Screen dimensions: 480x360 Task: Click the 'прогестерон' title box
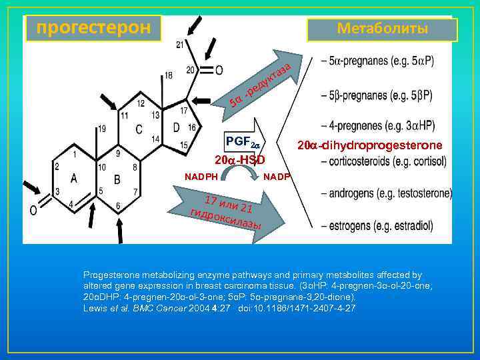[93, 28]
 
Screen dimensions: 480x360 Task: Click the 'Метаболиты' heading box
[382, 29]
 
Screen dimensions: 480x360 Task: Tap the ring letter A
[73, 177]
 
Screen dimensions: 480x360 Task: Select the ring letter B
[117, 178]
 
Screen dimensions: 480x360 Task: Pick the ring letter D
[176, 127]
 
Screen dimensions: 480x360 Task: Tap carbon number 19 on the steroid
[101, 128]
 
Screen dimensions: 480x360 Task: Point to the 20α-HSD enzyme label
[240, 160]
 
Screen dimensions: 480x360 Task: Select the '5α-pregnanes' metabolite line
[377, 61]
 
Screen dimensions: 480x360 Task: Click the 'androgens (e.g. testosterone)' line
[387, 193]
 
